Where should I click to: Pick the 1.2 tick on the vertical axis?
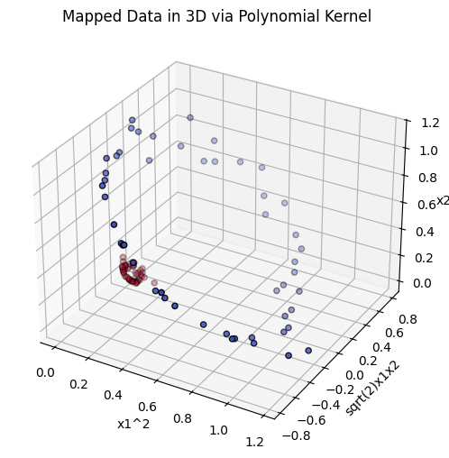pos(417,121)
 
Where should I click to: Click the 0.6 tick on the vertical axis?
pos(416,204)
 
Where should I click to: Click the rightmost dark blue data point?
pos(308,350)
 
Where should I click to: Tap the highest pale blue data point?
pos(190,117)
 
